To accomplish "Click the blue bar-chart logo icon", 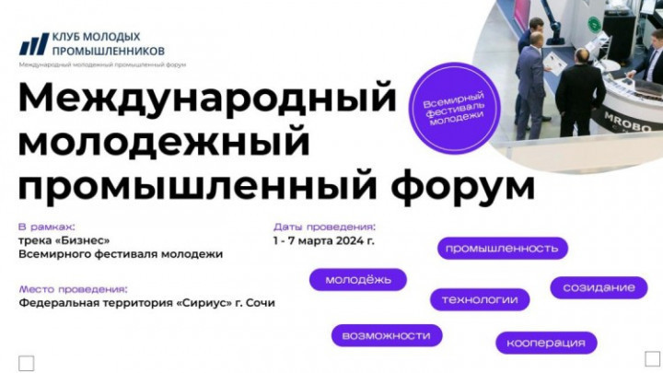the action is click(x=34, y=44).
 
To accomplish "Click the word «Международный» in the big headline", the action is click(x=207, y=99).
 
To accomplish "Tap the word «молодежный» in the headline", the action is click(x=164, y=141).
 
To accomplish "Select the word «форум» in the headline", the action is click(x=463, y=185).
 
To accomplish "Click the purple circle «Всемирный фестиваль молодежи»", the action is click(x=455, y=109).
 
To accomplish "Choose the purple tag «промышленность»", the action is click(x=503, y=249).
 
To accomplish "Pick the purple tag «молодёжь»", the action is click(x=358, y=280).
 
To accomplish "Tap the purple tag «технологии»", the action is click(x=480, y=300).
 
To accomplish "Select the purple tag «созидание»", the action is click(x=599, y=288).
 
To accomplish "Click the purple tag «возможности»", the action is click(x=387, y=336).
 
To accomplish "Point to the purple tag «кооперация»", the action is click(x=546, y=343).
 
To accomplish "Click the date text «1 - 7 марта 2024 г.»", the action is click(x=324, y=241).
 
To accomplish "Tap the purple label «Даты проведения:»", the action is click(x=324, y=227).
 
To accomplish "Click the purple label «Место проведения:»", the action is click(x=73, y=290).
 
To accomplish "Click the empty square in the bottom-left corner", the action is click(x=26, y=363).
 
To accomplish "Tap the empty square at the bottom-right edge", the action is click(x=652, y=358).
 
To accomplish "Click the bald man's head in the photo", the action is click(x=583, y=56).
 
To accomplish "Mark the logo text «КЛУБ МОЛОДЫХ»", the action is click(x=96, y=37).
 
